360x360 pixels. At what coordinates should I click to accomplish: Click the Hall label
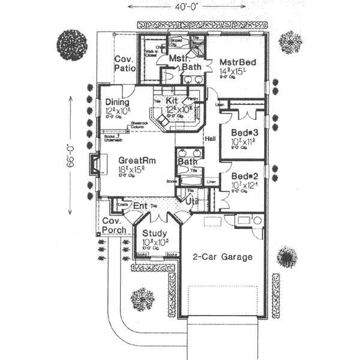click(x=210, y=138)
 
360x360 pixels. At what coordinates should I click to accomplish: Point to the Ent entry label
click(x=140, y=206)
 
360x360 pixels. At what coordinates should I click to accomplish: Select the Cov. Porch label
click(x=113, y=226)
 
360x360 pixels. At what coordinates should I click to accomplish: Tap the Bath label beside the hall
click(x=186, y=162)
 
